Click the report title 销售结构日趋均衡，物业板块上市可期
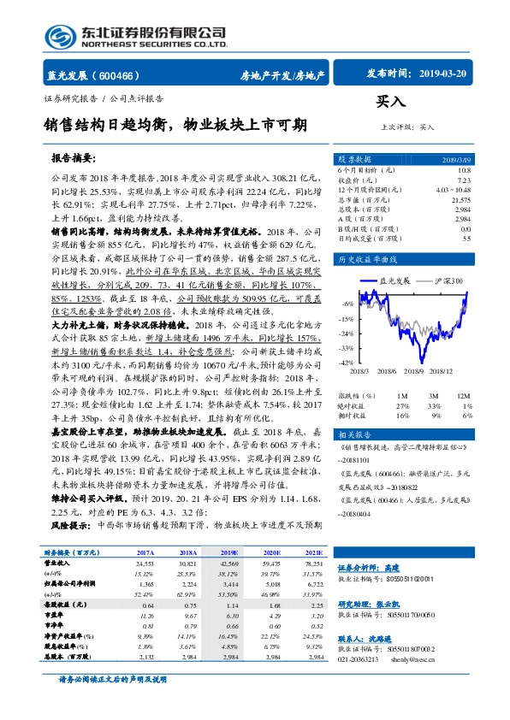[175, 126]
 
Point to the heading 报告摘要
[74, 159]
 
